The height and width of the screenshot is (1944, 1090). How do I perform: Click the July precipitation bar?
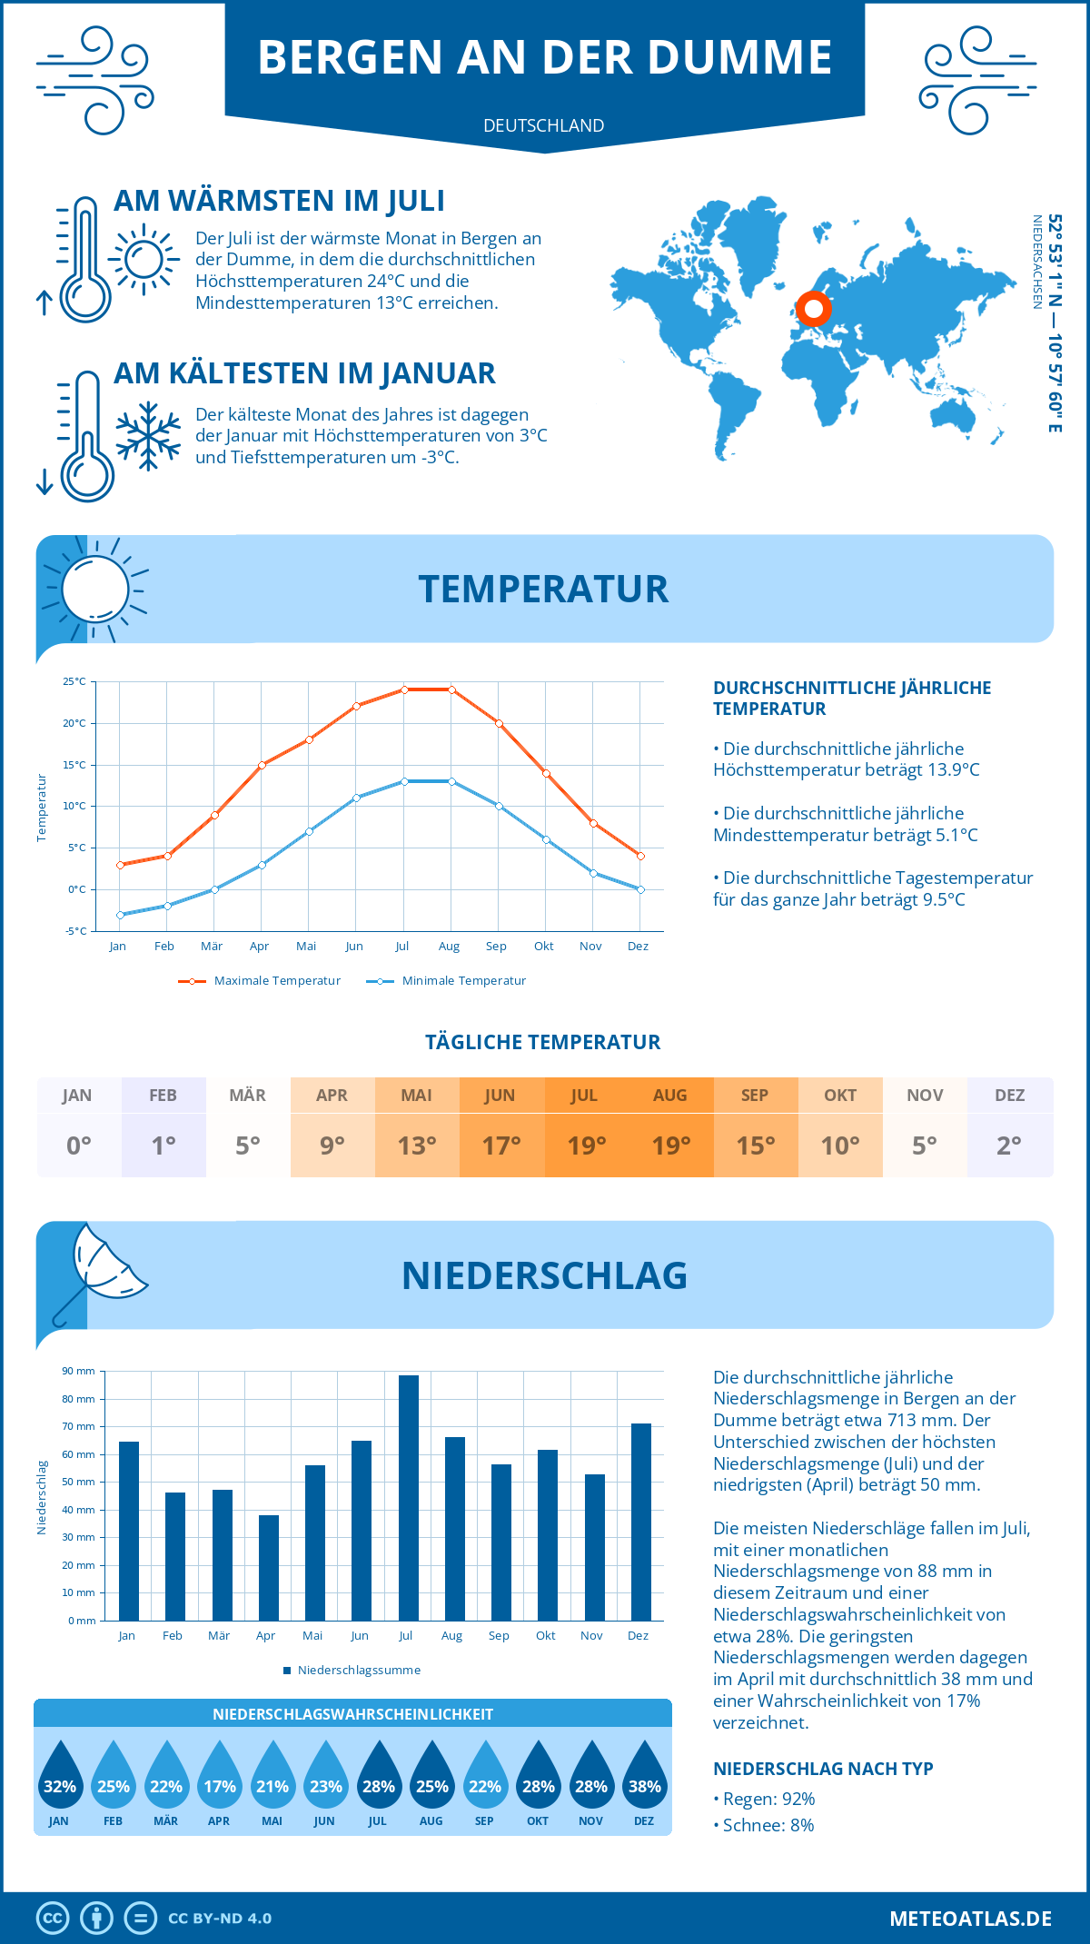409,1499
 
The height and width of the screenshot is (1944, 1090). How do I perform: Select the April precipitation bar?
269,1568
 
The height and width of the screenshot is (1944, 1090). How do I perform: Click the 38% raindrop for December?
645,1780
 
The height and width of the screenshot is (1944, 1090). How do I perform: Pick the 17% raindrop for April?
220,1780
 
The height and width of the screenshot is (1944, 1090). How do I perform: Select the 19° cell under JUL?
586,1146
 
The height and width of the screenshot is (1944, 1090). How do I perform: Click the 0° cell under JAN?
79,1146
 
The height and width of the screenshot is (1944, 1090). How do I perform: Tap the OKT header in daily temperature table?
840,1096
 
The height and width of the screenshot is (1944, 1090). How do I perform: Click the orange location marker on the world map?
814,309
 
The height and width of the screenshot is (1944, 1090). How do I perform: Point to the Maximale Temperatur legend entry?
261,981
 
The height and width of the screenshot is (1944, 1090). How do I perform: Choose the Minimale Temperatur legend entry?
448,981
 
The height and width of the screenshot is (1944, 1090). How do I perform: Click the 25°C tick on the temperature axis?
74,681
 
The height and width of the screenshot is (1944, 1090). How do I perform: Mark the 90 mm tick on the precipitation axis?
79,1371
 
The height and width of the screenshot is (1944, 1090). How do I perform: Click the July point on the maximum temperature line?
404,689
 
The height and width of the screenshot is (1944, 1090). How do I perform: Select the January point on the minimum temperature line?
120,915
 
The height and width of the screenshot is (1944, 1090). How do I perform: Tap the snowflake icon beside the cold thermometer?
148,436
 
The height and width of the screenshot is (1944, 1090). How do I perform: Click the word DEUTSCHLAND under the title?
544,125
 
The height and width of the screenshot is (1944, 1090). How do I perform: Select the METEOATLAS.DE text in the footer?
970,1919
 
